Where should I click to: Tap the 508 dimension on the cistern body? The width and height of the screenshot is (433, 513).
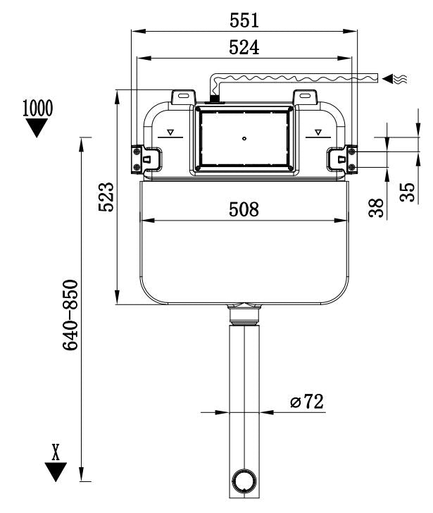click(244, 209)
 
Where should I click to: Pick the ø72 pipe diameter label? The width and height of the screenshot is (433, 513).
click(306, 402)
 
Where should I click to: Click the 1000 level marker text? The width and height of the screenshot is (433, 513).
click(37, 109)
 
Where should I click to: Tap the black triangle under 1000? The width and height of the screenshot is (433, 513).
click(36, 127)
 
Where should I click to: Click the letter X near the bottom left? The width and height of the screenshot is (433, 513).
click(56, 452)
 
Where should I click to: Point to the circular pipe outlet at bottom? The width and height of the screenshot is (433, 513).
click(244, 481)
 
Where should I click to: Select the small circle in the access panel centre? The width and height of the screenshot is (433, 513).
click(244, 138)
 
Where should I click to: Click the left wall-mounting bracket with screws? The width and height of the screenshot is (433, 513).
click(144, 158)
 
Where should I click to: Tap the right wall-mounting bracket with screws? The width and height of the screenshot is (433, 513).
click(345, 158)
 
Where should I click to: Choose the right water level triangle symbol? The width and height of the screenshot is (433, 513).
click(318, 132)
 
